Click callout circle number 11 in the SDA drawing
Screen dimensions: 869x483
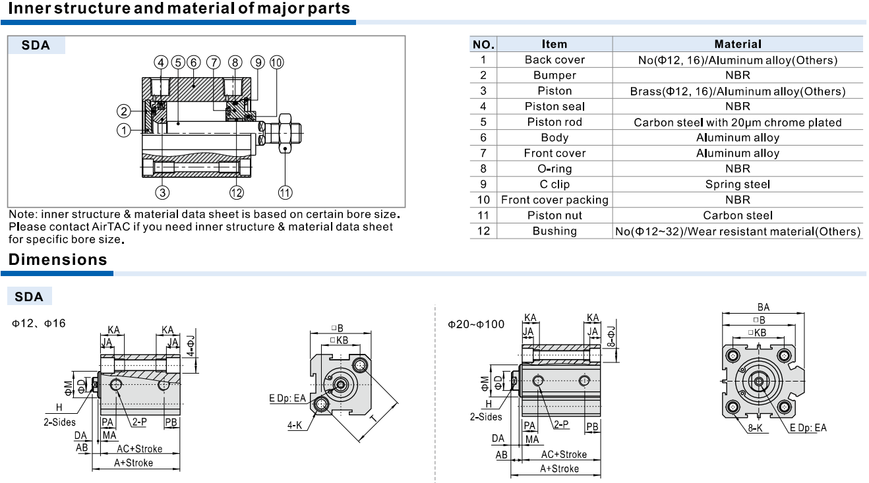coord(285,192)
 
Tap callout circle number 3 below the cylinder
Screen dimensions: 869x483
coord(162,192)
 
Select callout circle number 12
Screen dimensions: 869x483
coord(236,192)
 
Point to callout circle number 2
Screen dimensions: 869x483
coord(124,111)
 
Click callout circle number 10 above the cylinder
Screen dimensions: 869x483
coord(276,63)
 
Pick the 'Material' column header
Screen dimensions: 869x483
coord(738,44)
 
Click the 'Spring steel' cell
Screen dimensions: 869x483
coord(738,184)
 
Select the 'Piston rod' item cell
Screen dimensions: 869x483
coord(554,122)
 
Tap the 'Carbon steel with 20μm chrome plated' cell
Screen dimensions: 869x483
coord(738,123)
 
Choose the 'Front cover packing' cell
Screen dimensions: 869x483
coord(554,200)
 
